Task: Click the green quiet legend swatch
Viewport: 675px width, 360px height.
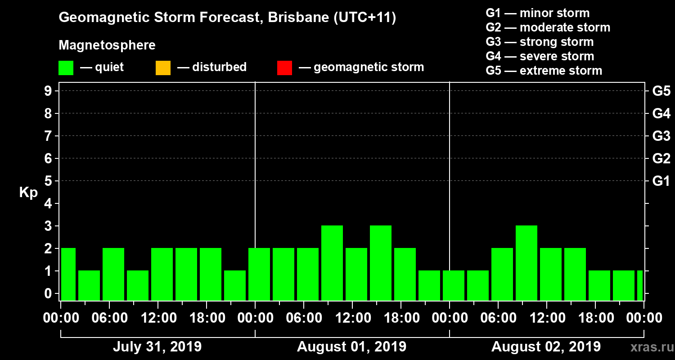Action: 66,67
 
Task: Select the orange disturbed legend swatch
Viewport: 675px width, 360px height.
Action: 163,67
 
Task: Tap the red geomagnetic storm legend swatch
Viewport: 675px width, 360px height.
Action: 284,67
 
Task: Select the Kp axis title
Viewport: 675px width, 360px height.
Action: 28,193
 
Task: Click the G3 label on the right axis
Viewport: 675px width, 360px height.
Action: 661,136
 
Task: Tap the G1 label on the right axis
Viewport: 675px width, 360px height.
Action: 661,181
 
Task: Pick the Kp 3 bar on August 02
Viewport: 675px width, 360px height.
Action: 526,263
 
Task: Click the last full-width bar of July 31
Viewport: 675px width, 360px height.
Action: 235,285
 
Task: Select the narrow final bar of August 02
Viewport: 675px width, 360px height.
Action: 639,285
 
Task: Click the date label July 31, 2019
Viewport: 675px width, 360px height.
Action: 157,347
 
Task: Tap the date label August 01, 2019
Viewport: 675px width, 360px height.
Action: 351,347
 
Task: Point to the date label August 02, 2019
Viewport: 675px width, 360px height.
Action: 546,347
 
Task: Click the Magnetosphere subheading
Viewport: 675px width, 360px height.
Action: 107,45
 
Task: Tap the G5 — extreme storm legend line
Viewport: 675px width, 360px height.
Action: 544,71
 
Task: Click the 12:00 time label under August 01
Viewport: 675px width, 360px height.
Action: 353,318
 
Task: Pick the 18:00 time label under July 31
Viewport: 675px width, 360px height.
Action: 207,318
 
